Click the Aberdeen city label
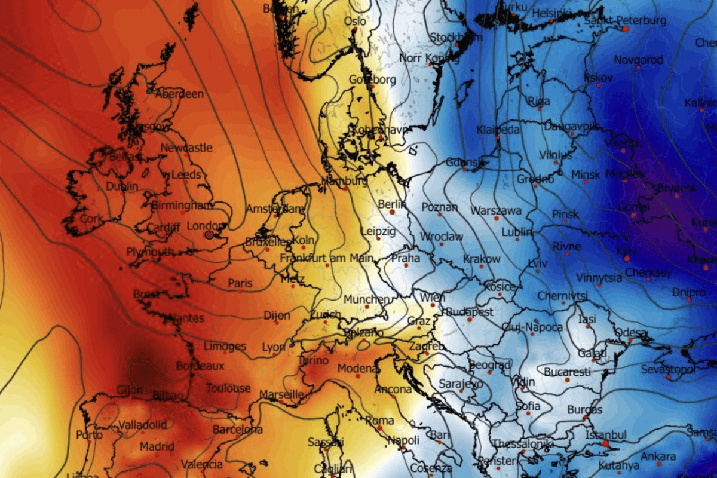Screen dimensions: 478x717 click(179, 94)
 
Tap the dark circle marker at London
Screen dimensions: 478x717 click(209, 235)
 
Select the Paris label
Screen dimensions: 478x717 click(240, 283)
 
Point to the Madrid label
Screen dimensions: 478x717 click(157, 446)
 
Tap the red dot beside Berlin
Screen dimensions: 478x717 click(392, 212)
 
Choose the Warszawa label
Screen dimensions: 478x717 click(496, 211)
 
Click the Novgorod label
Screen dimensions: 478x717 click(639, 60)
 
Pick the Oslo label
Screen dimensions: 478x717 click(355, 22)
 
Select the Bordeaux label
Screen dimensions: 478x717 click(200, 366)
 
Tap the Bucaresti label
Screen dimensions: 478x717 click(567, 372)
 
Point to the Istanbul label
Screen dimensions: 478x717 click(605, 434)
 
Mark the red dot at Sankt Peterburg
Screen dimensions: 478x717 click(625, 29)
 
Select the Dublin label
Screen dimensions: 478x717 click(121, 186)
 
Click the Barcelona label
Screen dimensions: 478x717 click(237, 430)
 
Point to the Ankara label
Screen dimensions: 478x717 click(658, 456)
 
